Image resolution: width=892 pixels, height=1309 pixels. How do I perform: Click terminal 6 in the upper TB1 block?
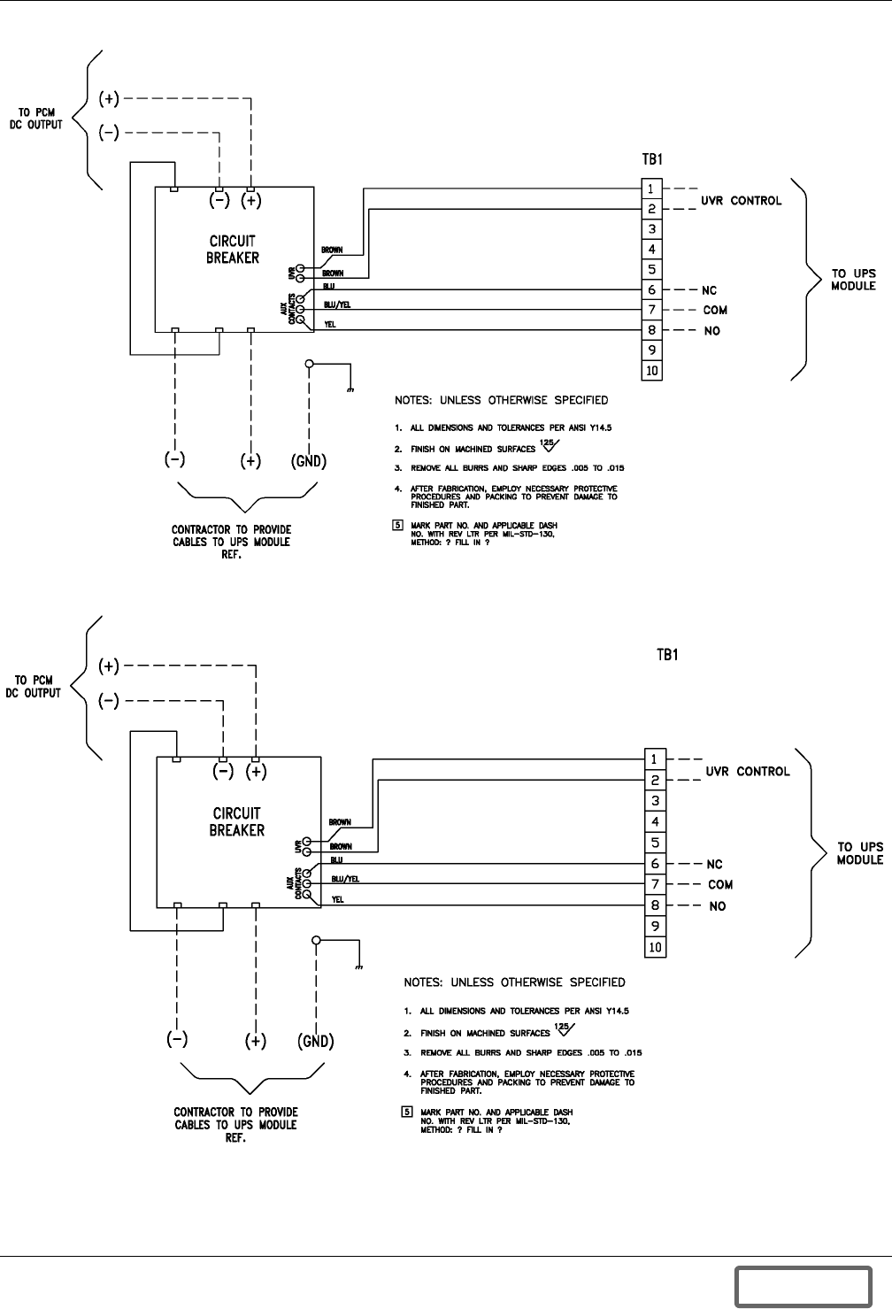point(652,289)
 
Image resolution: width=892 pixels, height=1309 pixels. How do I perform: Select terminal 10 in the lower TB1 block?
point(656,947)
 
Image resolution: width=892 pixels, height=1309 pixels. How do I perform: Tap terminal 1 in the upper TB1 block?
point(652,189)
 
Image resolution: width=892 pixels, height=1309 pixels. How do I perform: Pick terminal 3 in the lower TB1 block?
point(656,801)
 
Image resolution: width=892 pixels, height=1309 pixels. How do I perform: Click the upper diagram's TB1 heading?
point(652,159)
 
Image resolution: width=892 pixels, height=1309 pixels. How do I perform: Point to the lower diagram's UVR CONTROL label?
point(748,772)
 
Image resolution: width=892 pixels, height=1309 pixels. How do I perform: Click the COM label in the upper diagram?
point(715,311)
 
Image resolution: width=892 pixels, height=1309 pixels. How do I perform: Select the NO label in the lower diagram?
point(718,906)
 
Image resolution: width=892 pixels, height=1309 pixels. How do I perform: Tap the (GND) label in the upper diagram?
point(309,461)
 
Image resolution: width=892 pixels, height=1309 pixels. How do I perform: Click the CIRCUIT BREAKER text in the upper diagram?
point(233,250)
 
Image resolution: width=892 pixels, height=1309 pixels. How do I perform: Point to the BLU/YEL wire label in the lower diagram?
point(345,879)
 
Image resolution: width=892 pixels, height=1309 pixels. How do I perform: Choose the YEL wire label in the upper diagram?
point(330,324)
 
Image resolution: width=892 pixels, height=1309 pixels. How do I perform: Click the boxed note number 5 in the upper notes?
point(398,525)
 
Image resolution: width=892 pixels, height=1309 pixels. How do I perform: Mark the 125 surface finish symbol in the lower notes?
point(565,1029)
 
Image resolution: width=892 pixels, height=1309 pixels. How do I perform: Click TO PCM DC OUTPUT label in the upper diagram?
point(35,119)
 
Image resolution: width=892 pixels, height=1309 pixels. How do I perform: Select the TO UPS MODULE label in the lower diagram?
point(860,853)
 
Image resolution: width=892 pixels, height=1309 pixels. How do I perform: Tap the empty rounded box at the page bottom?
point(804,1286)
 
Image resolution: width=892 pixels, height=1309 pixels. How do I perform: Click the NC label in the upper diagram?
point(709,290)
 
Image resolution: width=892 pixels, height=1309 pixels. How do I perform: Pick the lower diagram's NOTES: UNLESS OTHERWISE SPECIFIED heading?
point(515,982)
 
